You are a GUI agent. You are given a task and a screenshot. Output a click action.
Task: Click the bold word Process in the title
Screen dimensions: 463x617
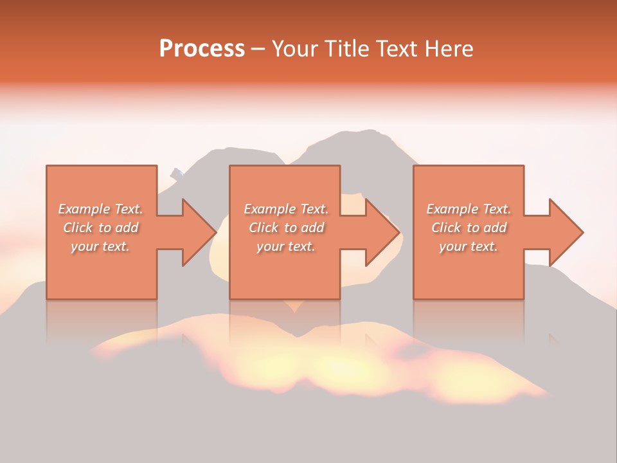pyautogui.click(x=202, y=49)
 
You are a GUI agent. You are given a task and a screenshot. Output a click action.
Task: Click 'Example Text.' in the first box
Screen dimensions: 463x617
pyautogui.click(x=101, y=209)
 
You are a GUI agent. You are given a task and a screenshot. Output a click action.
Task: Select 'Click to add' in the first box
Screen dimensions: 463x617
pyautogui.click(x=101, y=228)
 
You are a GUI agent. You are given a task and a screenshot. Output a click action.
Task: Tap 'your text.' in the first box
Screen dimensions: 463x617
pyautogui.click(x=101, y=246)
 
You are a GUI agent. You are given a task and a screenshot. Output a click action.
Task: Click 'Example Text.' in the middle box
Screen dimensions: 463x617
pyautogui.click(x=286, y=209)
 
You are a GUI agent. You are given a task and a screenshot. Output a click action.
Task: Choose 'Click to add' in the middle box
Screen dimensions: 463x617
pyautogui.click(x=286, y=228)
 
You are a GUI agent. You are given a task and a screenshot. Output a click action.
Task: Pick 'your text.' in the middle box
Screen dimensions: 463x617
pyautogui.click(x=286, y=246)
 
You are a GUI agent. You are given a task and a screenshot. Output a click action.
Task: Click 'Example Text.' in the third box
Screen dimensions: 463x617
pyautogui.click(x=469, y=209)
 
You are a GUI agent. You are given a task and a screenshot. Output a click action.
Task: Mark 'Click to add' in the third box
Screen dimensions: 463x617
pyautogui.click(x=469, y=228)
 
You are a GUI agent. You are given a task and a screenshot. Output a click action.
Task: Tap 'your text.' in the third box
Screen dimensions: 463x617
pyautogui.click(x=469, y=246)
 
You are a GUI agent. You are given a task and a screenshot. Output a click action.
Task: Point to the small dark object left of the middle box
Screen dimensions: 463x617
pyautogui.click(x=177, y=173)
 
